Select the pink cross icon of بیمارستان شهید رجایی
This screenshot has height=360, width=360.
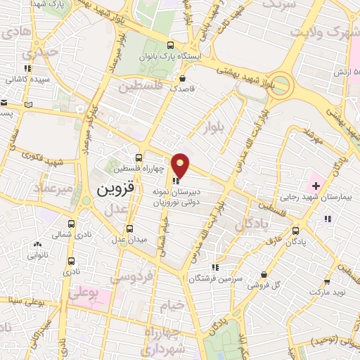316,186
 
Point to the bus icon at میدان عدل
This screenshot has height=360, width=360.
129,229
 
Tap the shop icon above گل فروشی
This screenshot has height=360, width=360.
264,274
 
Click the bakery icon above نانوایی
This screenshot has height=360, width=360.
37,245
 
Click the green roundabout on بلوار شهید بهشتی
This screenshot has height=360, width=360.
281,86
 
